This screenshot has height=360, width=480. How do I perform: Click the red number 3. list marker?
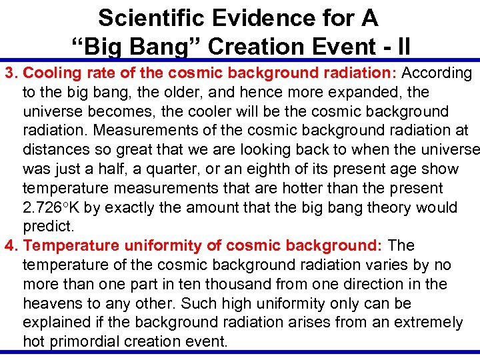[x=11, y=72]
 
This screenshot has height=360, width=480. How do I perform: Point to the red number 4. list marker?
[x=11, y=246]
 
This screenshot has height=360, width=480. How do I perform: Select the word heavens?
[x=53, y=304]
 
